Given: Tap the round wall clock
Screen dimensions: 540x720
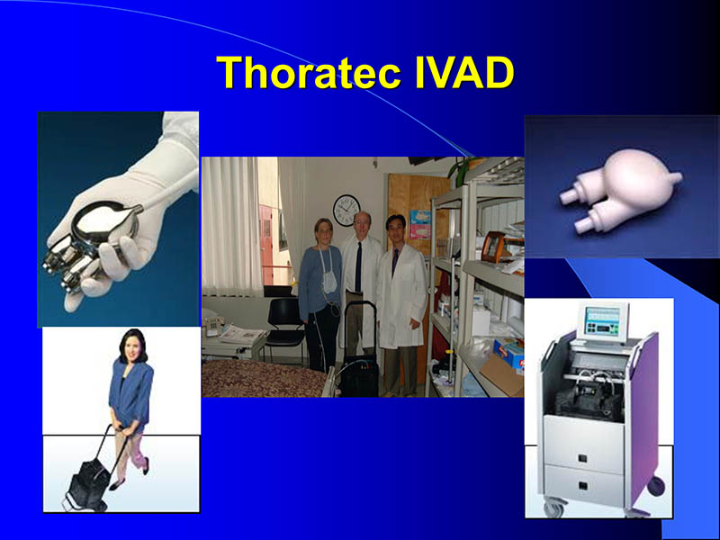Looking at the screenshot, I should (x=346, y=210).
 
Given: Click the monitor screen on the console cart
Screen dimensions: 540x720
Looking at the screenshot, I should (x=602, y=320).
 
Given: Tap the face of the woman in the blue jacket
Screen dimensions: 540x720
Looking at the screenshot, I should (x=132, y=346).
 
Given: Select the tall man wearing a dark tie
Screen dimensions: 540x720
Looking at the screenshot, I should (x=359, y=270).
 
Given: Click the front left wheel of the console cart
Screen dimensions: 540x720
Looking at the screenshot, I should (x=552, y=509).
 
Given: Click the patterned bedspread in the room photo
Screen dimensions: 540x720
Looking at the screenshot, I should (x=261, y=378).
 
